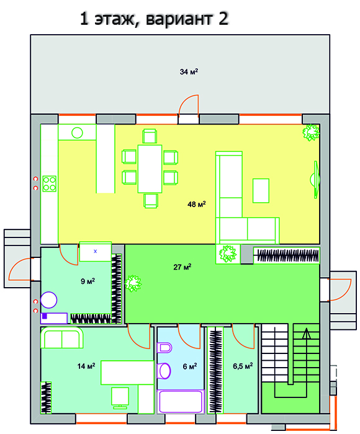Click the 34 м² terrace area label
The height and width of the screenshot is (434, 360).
coord(189,72)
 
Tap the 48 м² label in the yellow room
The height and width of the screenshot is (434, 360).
coord(197,204)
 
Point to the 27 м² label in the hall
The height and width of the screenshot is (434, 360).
coord(182,267)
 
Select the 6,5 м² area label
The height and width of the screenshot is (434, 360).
coord(243,366)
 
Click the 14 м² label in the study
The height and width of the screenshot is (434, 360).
coord(86,366)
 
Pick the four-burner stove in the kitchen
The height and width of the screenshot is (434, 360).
coord(50,184)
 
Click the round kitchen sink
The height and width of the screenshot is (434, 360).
coord(77,133)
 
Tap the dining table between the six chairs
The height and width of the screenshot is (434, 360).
coord(150,169)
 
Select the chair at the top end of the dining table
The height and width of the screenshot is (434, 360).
coord(150,136)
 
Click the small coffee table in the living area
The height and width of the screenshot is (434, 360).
coord(261,191)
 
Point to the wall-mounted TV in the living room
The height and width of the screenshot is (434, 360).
coord(316,180)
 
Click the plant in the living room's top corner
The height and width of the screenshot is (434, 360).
coord(311,133)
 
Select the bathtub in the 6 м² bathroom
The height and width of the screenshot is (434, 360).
coord(181,401)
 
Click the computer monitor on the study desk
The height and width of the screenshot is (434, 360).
coord(120,398)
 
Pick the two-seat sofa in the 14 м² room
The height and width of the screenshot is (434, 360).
coord(62,338)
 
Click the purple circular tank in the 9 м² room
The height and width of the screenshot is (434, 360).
coord(49,300)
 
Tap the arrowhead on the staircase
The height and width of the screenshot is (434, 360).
coord(306,334)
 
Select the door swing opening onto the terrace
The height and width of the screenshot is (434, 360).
coord(189,106)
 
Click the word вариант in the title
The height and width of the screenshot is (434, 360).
coord(179,19)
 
